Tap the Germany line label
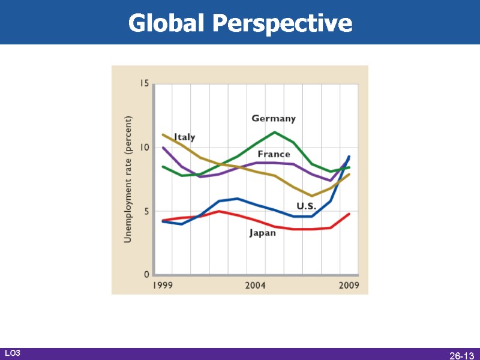coord(273,119)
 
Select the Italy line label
coord(184,137)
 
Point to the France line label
coord(274,154)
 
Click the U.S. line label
coord(306,206)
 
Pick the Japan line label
coord(263,233)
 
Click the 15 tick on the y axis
coord(144,83)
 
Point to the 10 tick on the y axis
coord(144,148)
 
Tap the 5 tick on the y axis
coord(146,211)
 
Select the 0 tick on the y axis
coord(146,275)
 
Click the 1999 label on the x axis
coord(163,286)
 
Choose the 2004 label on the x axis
coord(255,286)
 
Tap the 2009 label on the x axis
coord(349,286)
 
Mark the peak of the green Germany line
coord(274,132)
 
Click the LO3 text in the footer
coord(13,353)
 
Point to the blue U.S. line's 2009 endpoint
coord(349,157)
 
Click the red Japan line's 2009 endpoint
coord(349,214)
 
